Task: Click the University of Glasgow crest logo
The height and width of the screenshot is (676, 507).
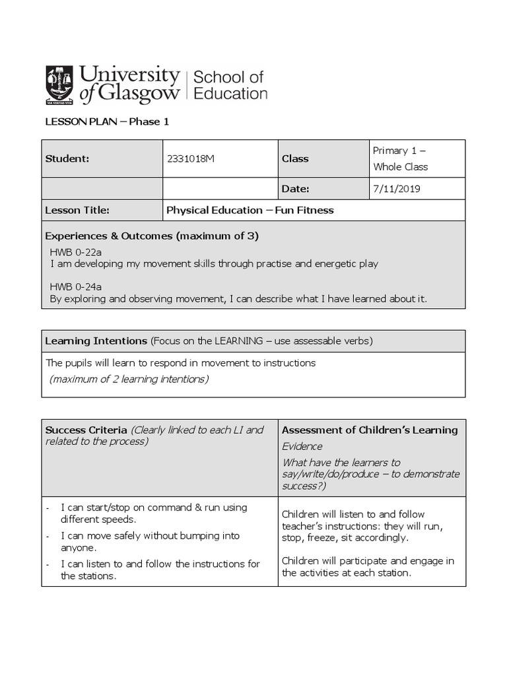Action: [59, 85]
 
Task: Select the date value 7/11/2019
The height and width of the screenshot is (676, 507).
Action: [396, 189]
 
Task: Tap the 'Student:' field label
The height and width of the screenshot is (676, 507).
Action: [67, 158]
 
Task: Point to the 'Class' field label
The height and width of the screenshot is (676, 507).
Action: [295, 158]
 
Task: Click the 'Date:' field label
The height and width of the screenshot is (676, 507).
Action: [295, 189]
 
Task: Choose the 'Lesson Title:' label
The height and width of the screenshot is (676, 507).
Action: [77, 210]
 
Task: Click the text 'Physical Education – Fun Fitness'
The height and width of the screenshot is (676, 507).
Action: [250, 210]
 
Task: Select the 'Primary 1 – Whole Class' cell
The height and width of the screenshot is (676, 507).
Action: [400, 158]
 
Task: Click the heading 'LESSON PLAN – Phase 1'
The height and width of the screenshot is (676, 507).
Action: [102, 121]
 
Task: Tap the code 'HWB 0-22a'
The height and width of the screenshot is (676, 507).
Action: [76, 252]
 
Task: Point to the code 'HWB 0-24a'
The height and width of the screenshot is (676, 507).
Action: [76, 287]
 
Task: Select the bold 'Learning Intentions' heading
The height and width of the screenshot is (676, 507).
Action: [96, 341]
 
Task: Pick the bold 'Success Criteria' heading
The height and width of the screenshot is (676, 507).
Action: [86, 430]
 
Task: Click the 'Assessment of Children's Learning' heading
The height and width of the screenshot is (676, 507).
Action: [370, 430]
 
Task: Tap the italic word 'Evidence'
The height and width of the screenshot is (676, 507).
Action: [303, 446]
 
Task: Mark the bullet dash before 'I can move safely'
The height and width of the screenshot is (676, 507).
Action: [48, 536]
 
